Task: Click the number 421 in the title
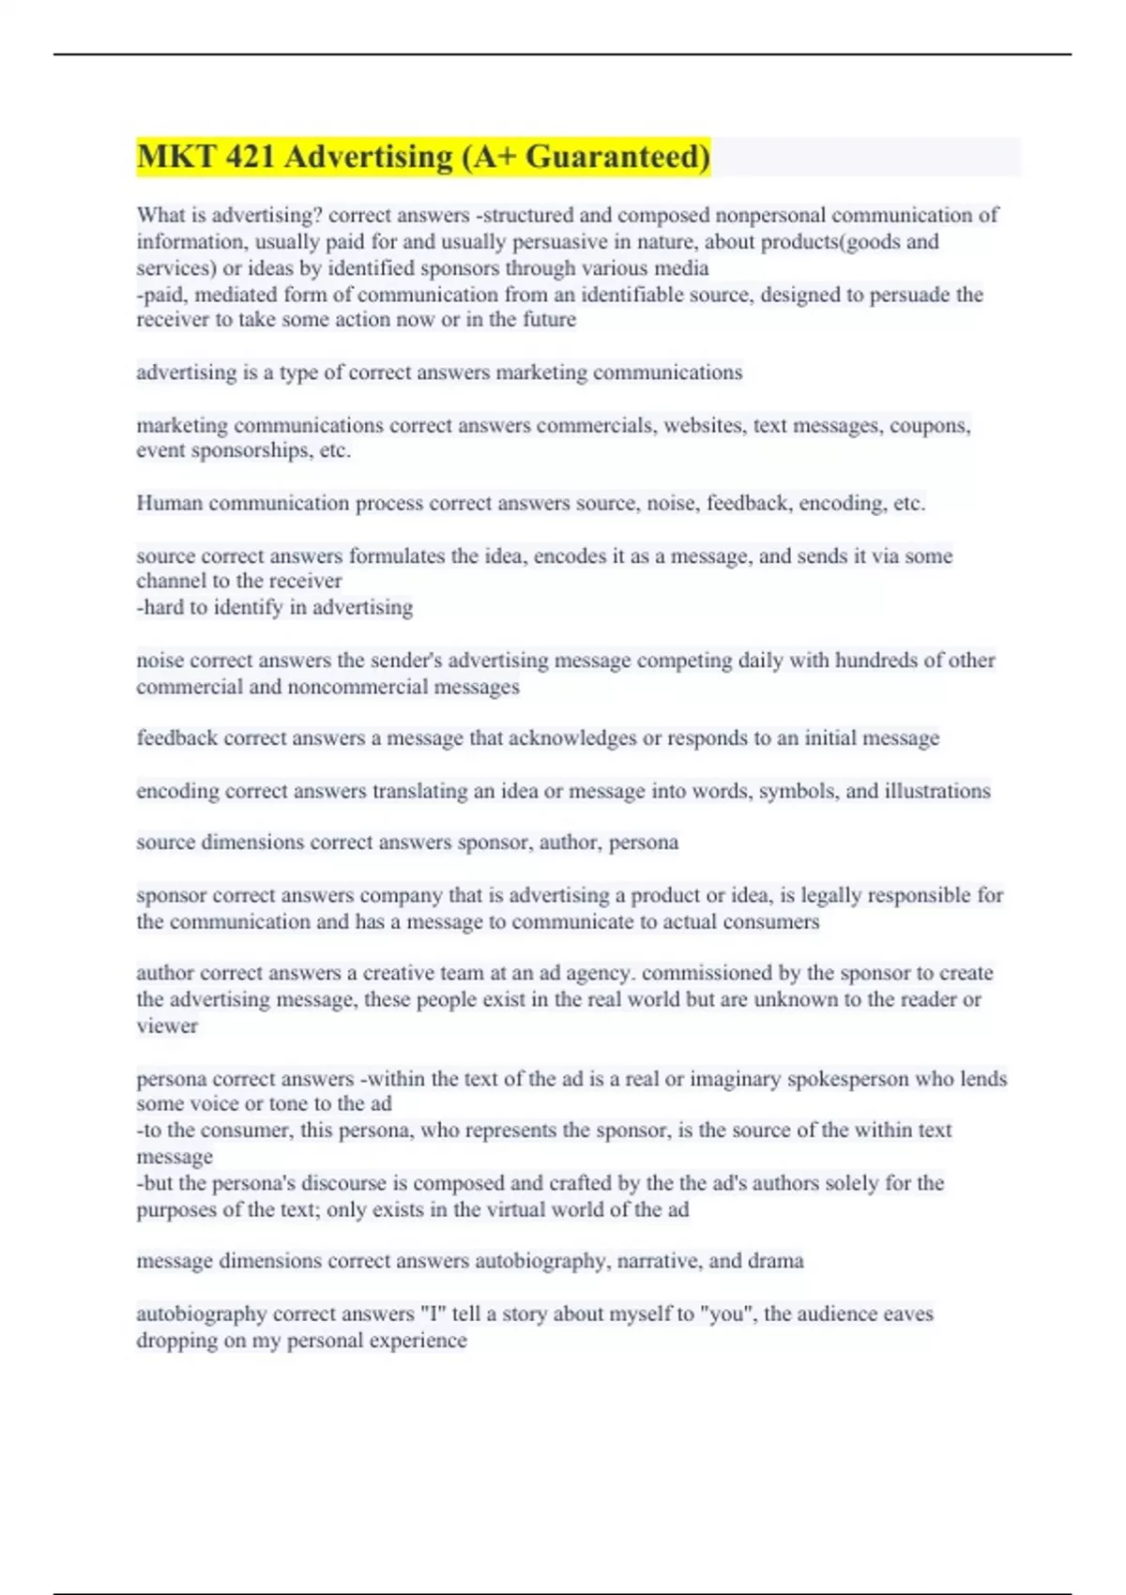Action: pos(249,157)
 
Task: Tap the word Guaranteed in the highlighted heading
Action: pos(616,157)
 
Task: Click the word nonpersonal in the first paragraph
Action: pos(770,216)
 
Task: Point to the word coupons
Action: pos(929,426)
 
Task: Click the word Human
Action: pos(169,504)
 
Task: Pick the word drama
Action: pos(775,1261)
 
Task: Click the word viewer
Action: pos(167,1026)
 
